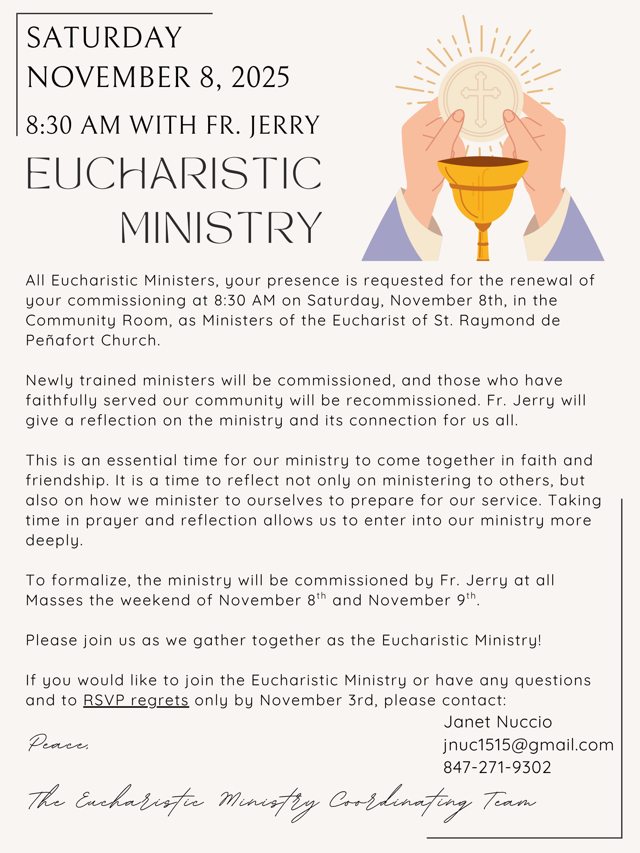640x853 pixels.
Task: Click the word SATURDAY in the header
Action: [104, 38]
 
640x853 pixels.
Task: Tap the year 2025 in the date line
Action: [260, 77]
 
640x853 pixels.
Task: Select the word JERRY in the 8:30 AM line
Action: [285, 126]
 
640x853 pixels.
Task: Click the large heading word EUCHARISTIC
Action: [174, 173]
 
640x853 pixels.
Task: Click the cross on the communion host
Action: [481, 98]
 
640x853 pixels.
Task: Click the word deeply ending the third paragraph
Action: [54, 540]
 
